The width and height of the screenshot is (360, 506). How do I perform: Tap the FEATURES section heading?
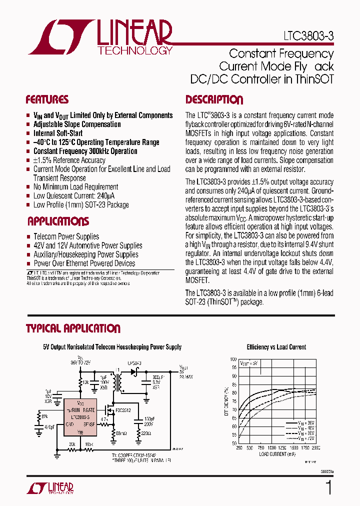point(47,99)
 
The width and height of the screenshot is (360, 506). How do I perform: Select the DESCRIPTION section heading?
point(214,99)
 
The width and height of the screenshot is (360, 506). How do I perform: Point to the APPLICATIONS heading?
point(58,221)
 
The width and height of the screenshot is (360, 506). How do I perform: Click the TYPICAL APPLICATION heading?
point(73,328)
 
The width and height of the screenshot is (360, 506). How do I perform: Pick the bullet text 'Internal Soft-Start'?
point(58,133)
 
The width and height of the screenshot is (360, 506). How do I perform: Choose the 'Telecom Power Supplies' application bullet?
point(66,236)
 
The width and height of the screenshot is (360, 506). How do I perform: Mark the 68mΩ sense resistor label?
point(122,433)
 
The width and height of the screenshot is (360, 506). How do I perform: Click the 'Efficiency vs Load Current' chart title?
point(276,347)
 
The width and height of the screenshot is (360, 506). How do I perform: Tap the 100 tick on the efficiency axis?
point(233,359)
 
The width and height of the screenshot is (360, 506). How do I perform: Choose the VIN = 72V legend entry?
point(304,438)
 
